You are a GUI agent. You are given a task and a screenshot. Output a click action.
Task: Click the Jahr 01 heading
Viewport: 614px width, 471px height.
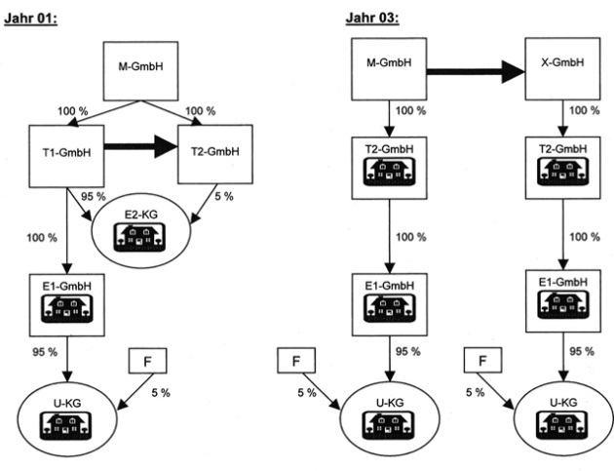(x=31, y=18)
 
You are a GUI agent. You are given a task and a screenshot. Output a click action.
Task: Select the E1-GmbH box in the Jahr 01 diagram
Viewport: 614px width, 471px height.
(x=60, y=299)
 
